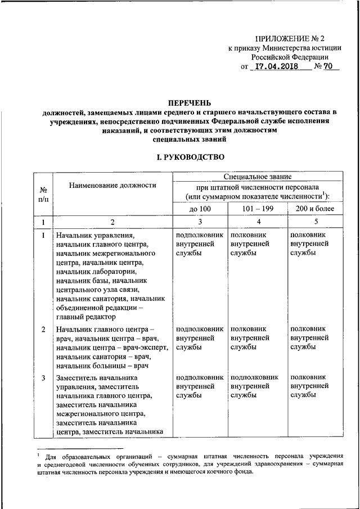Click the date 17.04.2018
click(273, 67)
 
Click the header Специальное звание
click(257, 177)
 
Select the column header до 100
click(200, 209)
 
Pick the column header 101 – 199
click(256, 209)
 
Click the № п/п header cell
click(43, 195)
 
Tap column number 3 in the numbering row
click(200, 222)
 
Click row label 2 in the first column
click(43, 329)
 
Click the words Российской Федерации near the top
click(290, 57)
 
